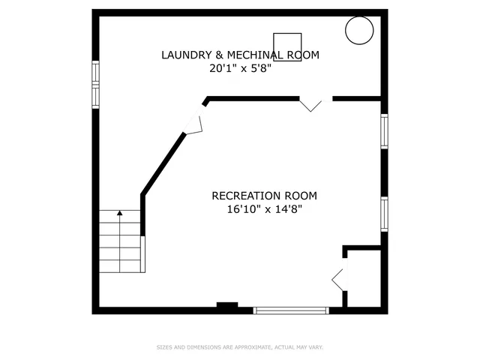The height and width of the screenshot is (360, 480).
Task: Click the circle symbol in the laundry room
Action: (x=358, y=30)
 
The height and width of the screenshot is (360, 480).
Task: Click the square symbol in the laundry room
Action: (x=287, y=46)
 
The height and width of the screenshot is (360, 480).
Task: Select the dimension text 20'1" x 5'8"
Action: (x=240, y=68)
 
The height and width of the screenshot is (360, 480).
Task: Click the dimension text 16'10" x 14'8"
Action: (x=264, y=210)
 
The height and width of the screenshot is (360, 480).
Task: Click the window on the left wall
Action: (x=95, y=84)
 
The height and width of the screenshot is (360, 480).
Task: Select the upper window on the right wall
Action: (x=384, y=131)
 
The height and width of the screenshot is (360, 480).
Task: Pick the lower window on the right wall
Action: (x=384, y=214)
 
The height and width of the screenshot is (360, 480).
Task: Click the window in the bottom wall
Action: (x=291, y=310)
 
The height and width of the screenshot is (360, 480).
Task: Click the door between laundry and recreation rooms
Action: (x=311, y=104)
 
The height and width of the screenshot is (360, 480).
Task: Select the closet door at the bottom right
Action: (x=339, y=278)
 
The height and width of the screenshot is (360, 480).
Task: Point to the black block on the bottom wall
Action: (x=227, y=305)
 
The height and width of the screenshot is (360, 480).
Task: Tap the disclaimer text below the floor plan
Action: (x=240, y=347)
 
